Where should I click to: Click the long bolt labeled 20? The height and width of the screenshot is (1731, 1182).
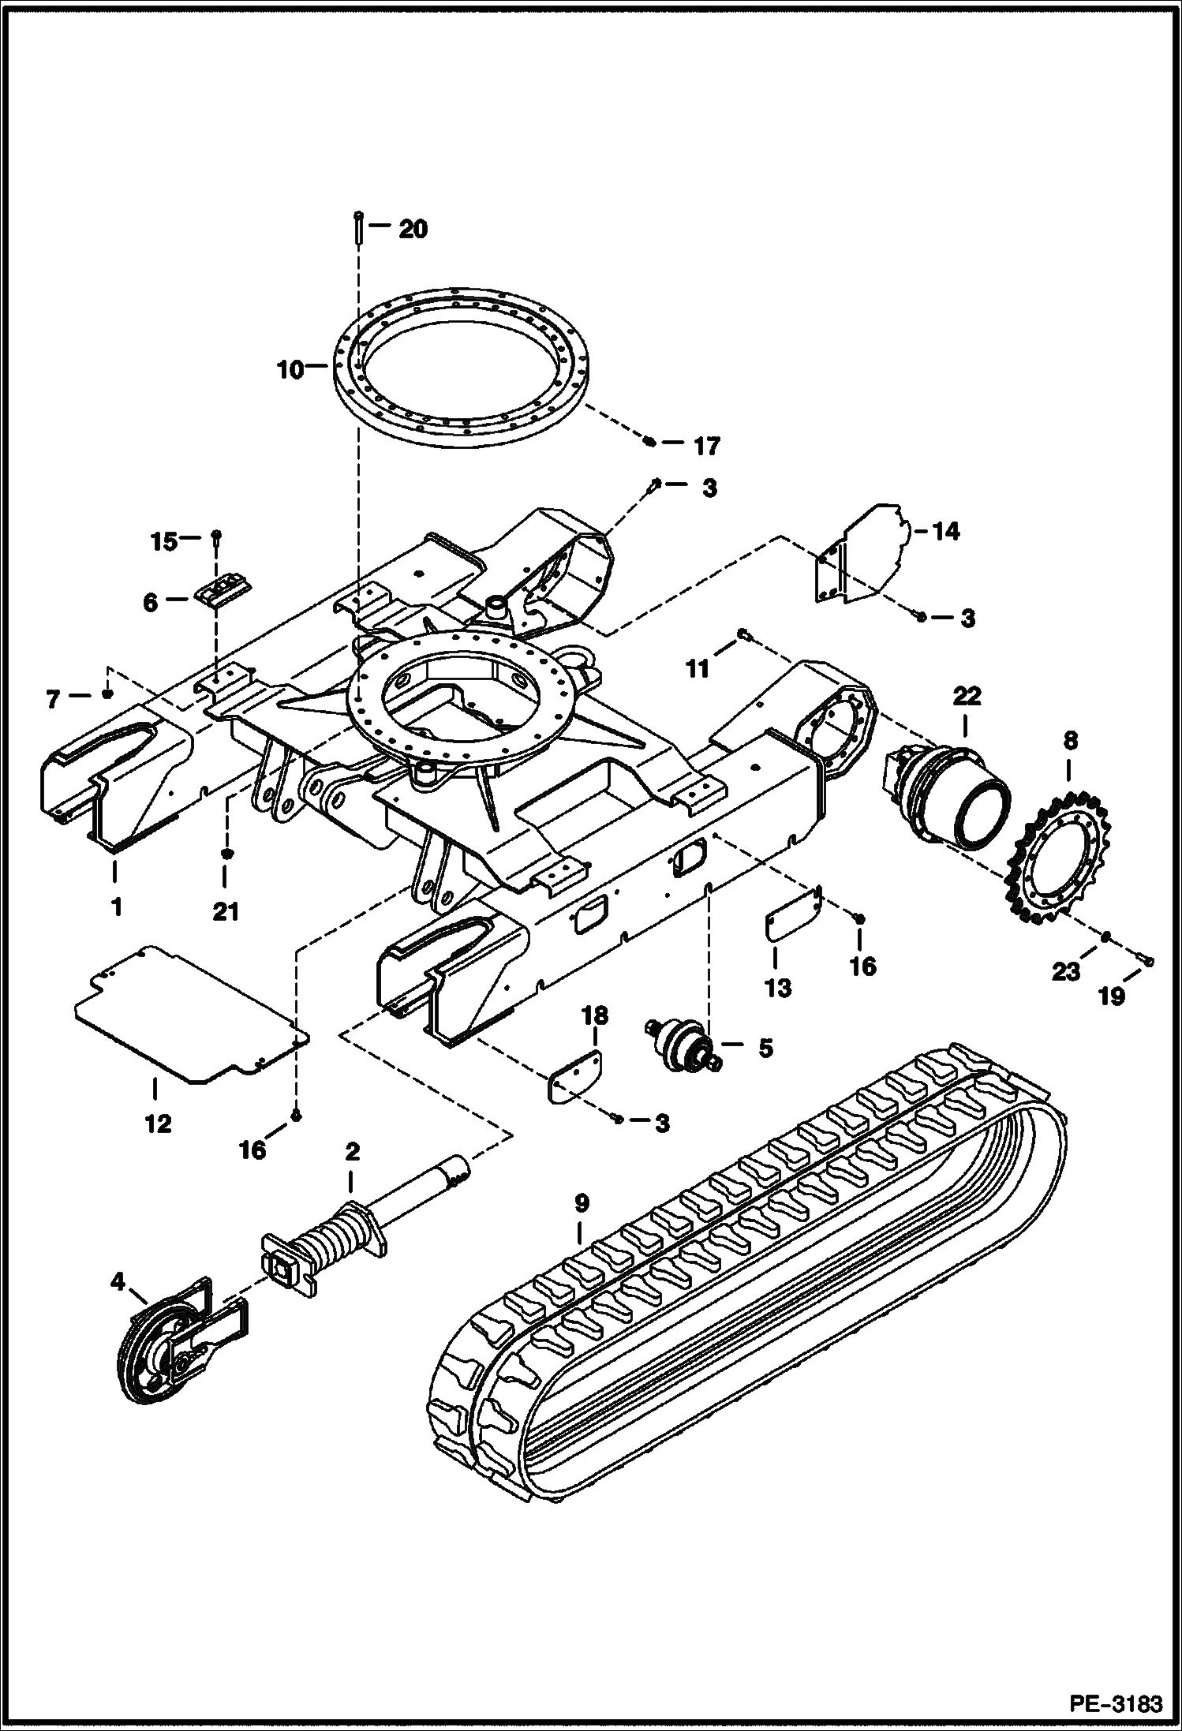[359, 229]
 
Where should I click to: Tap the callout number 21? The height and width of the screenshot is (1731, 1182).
[226, 911]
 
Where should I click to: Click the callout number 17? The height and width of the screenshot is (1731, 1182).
[707, 447]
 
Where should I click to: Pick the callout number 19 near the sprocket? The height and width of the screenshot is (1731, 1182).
[1111, 996]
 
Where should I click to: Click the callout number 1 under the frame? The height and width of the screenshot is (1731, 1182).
[116, 907]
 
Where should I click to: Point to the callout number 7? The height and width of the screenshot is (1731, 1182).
[53, 699]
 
